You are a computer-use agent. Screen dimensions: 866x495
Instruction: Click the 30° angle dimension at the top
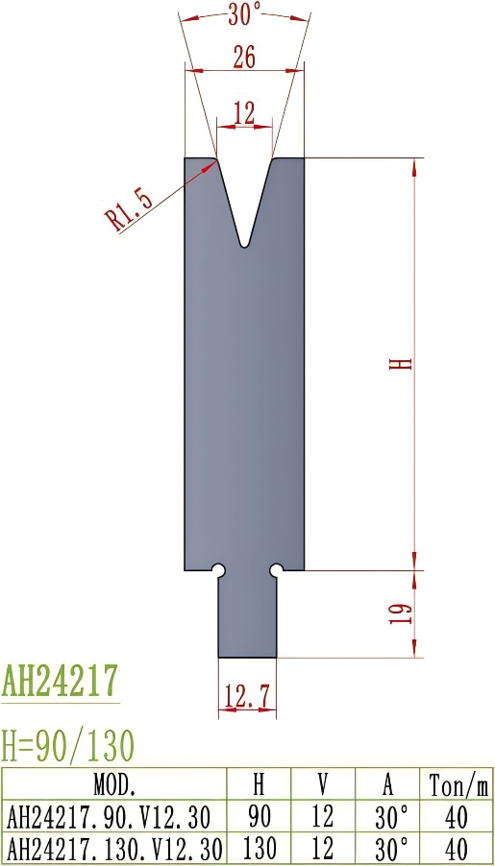tap(245, 14)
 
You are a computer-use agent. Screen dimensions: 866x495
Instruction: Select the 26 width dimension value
tap(244, 58)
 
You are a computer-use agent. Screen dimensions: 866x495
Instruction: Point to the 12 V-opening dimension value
tap(244, 113)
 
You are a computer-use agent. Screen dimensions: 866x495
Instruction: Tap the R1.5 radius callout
tap(130, 211)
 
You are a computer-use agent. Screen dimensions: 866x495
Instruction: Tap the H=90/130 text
tap(67, 744)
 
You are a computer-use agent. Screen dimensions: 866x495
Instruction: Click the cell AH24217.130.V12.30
tap(114, 849)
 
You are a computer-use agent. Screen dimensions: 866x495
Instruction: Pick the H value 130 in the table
tap(258, 849)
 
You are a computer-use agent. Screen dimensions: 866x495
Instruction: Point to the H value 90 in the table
tap(258, 817)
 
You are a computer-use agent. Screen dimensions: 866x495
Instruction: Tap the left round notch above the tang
tap(219, 570)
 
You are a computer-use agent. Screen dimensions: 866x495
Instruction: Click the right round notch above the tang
tap(276, 570)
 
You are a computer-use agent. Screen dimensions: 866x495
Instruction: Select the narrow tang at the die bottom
tap(247, 619)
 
